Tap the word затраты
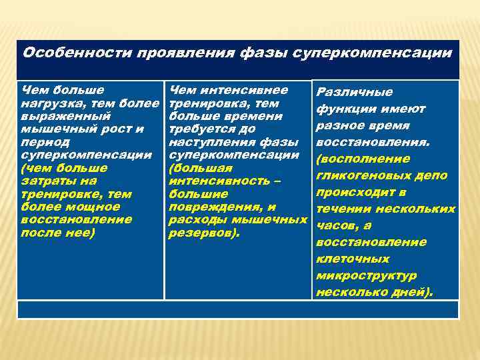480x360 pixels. (51, 181)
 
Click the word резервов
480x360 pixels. (203, 233)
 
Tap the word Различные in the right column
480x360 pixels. (355, 92)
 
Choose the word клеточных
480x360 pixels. (353, 259)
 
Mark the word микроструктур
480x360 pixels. (367, 275)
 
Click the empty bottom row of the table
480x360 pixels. (238, 309)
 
